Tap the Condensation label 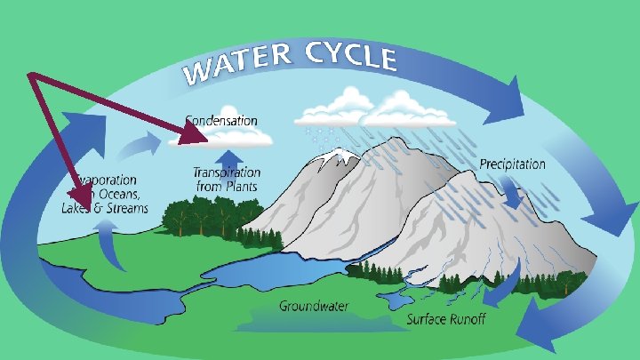click(221, 119)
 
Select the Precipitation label click(513, 164)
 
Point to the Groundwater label click(314, 307)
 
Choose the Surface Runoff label click(446, 319)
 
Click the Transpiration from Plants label click(228, 179)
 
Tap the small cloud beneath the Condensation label click(233, 137)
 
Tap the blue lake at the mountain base click(267, 271)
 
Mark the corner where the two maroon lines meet click(31, 76)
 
